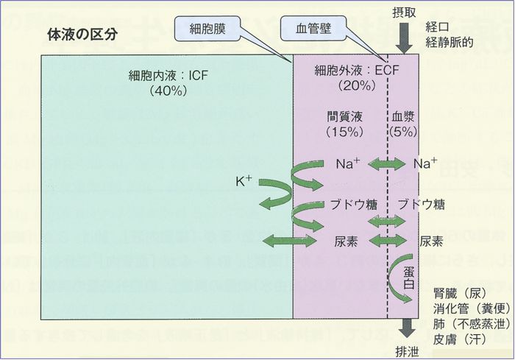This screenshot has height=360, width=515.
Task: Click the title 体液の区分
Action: coord(82,35)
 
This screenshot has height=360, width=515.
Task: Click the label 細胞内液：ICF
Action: coord(159,75)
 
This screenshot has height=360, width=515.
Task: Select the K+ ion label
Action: coord(244,180)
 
